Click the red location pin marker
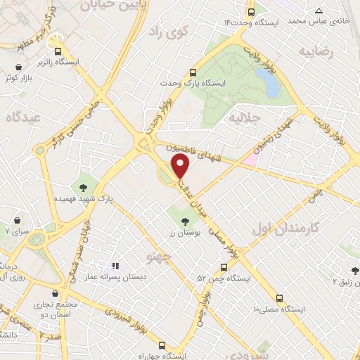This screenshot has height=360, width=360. coord(181,167)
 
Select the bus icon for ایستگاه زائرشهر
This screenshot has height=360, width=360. coord(58,51)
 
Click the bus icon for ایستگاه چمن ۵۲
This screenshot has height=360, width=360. coord(224,268)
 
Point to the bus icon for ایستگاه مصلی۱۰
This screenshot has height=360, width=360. coord(280,298)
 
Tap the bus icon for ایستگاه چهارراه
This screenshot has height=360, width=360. coord(162,345)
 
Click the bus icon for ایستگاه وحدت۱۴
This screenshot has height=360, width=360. coord(251,12)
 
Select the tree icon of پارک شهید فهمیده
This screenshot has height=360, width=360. coord(84,187)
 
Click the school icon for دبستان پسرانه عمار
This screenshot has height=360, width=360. coord(116,266)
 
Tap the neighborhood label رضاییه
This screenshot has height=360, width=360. coord(315,51)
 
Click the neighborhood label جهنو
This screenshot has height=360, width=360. coord(160,257)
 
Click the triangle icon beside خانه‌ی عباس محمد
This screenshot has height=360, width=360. coord(319,11)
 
